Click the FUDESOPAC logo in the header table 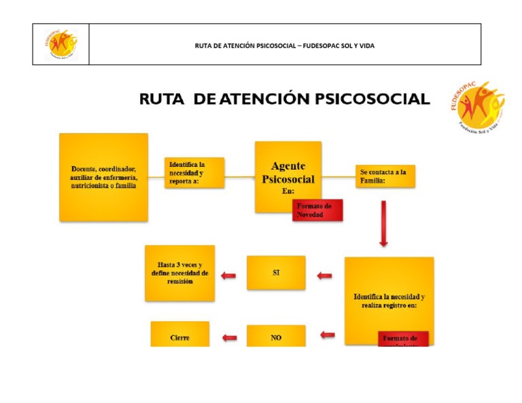click(60, 45)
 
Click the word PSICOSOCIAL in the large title click(364, 99)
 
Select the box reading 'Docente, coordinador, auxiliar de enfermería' click(103, 177)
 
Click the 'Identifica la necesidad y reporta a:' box click(194, 173)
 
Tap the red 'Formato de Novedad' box click(317, 210)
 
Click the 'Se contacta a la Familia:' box click(385, 176)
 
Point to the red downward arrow click(383, 224)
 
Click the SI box click(276, 273)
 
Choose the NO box click(276, 337)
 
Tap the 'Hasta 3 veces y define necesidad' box click(179, 273)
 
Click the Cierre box click(179, 335)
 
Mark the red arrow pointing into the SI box click(325, 275)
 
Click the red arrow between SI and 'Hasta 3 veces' click(229, 275)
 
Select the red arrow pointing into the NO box click(328, 334)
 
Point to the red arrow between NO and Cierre click(230, 337)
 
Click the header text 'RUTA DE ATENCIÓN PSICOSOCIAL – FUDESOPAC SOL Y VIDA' click(284, 45)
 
